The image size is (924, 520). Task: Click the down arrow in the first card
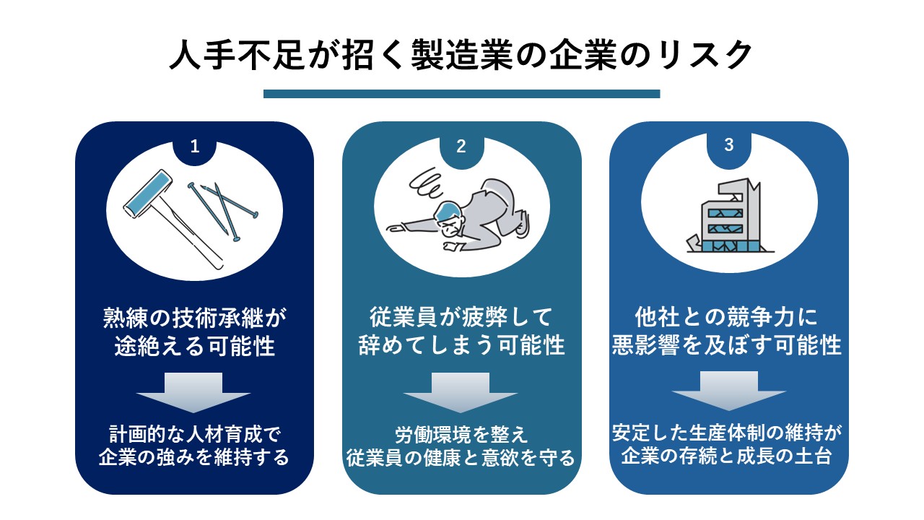(x=193, y=392)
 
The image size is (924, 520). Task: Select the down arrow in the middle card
(x=461, y=392)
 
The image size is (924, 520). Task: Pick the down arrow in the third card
(x=729, y=391)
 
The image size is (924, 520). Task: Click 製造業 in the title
(x=462, y=56)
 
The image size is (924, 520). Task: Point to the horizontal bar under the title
(x=461, y=94)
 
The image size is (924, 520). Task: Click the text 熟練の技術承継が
(x=194, y=318)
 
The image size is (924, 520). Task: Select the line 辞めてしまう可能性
(x=461, y=345)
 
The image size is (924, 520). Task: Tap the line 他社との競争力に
(x=726, y=317)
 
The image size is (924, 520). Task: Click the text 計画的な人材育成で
(x=195, y=434)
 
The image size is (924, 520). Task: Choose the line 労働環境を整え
(x=461, y=435)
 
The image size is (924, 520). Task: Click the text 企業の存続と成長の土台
(x=726, y=456)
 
